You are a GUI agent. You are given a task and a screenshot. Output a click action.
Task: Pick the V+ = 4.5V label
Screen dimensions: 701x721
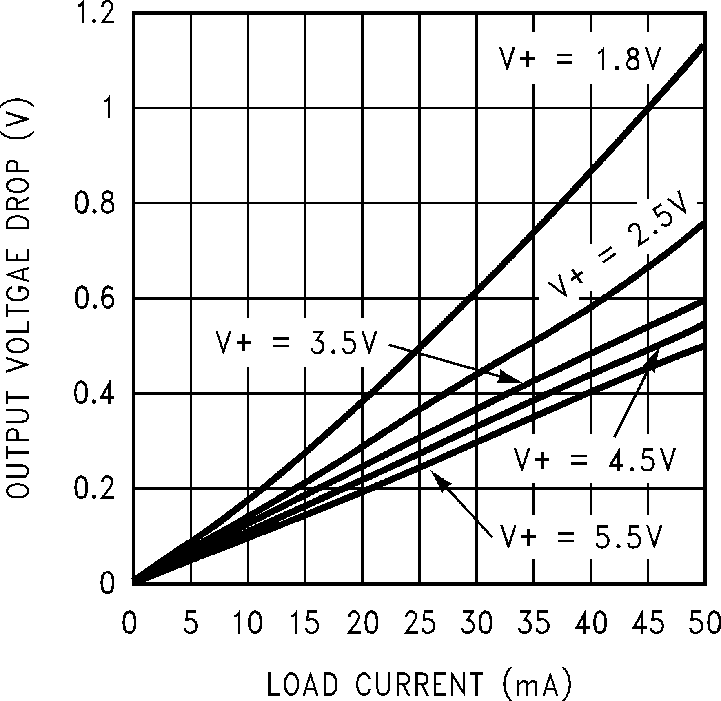point(594,460)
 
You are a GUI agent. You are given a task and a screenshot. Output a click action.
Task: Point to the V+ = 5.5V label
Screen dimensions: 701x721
point(579,537)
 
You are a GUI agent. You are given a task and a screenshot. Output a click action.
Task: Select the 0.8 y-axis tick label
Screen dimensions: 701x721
point(94,203)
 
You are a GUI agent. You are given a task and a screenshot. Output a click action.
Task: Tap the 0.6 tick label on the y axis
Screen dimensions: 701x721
point(94,299)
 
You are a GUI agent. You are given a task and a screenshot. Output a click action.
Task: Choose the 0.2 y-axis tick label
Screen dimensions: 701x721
point(94,489)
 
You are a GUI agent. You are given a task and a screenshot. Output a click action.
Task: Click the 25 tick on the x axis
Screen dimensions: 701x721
point(420,624)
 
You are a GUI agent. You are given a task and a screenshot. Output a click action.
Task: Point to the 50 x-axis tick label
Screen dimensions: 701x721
point(703,624)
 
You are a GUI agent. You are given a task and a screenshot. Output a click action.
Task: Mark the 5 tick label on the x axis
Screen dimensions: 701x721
point(191,624)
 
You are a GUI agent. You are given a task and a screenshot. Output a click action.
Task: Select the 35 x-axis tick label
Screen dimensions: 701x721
point(534,624)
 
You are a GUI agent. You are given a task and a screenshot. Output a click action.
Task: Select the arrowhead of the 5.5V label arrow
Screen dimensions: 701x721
point(439,480)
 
